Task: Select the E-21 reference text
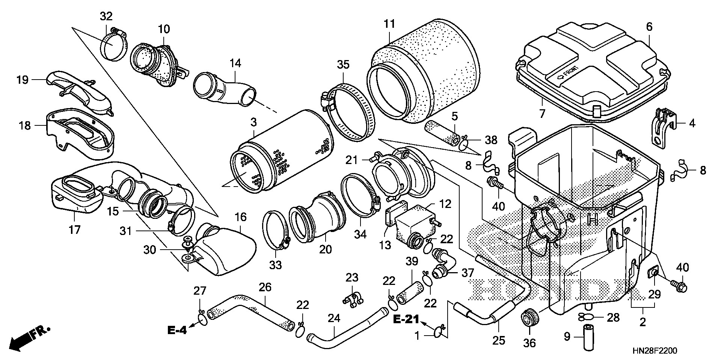[x=406, y=320]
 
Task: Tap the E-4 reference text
[x=177, y=330]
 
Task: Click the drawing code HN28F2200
[x=655, y=351]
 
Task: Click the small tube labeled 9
[x=588, y=337]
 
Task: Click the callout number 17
[x=75, y=229]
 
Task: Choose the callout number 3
[x=254, y=122]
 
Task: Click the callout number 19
[x=23, y=80]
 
